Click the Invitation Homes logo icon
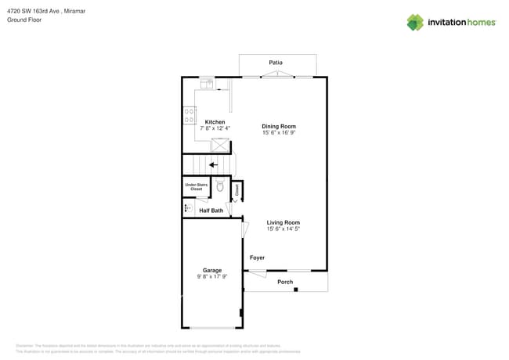click(x=415, y=22)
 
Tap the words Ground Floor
click(x=24, y=20)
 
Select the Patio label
click(x=276, y=63)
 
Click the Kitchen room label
click(x=215, y=122)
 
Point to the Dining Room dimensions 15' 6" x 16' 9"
click(x=279, y=133)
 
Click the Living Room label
click(x=283, y=222)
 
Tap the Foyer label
click(x=257, y=257)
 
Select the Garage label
click(x=212, y=270)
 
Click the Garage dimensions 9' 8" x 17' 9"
click(x=212, y=277)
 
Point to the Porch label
click(x=285, y=282)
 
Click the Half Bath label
click(x=211, y=211)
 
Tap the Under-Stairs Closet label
click(x=197, y=187)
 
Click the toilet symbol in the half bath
click(x=220, y=187)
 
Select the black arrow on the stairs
click(x=213, y=165)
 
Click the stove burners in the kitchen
click(x=189, y=116)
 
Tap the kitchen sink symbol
click(x=206, y=82)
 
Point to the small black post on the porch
click(x=296, y=290)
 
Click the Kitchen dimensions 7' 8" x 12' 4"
click(x=215, y=129)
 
